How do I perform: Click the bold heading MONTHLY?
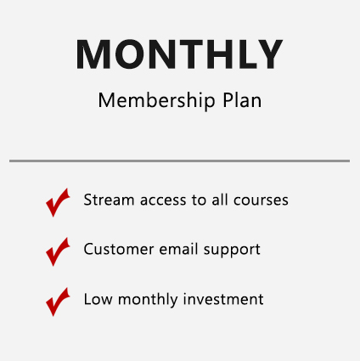[x=179, y=54]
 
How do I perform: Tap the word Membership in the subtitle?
[x=157, y=100]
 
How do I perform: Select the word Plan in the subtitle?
[x=242, y=100]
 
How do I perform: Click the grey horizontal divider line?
[x=179, y=161]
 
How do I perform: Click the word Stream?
[x=109, y=200]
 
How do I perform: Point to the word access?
[x=163, y=200]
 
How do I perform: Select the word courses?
[x=261, y=200]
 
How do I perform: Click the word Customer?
[x=119, y=249]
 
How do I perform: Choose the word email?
[x=178, y=249]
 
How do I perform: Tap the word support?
[x=232, y=251]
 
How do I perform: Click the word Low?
[x=98, y=299]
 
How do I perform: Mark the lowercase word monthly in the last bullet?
[x=148, y=300]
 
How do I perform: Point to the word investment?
[x=223, y=299]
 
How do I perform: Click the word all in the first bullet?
[x=220, y=200]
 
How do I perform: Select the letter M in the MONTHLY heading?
[x=93, y=54]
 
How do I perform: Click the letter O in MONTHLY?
[x=130, y=54]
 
